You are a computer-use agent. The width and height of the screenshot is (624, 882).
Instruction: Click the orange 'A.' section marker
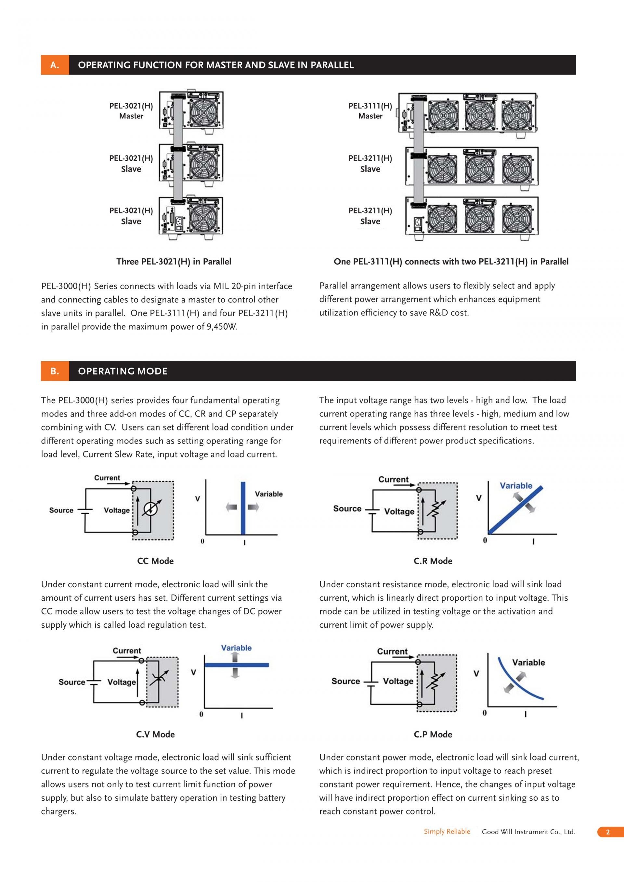coord(55,65)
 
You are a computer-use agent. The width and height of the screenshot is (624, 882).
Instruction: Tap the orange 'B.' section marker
coord(55,371)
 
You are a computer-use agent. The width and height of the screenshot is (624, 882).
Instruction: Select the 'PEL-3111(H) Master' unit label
coord(370,111)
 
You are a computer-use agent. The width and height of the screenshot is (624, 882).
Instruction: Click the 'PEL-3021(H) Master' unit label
coord(131,111)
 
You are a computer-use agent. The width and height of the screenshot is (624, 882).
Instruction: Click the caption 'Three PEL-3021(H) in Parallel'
coord(174,262)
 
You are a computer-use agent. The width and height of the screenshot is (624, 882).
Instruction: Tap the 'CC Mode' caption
coord(155,561)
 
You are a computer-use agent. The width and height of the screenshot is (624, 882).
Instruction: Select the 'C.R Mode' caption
coord(433,561)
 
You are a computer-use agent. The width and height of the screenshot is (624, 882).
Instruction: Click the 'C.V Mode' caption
coord(155,734)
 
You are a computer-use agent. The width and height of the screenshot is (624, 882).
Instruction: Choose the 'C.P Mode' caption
coord(433,734)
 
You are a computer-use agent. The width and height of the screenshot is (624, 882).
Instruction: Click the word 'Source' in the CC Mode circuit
coord(61,510)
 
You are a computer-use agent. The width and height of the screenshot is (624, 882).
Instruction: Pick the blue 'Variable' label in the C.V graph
coord(236,648)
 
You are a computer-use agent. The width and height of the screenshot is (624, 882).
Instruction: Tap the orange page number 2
coord(608,832)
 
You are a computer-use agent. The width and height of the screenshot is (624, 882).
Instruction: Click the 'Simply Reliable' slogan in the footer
coord(447,831)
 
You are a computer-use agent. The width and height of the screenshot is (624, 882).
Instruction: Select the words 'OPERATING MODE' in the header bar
coord(123,371)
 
